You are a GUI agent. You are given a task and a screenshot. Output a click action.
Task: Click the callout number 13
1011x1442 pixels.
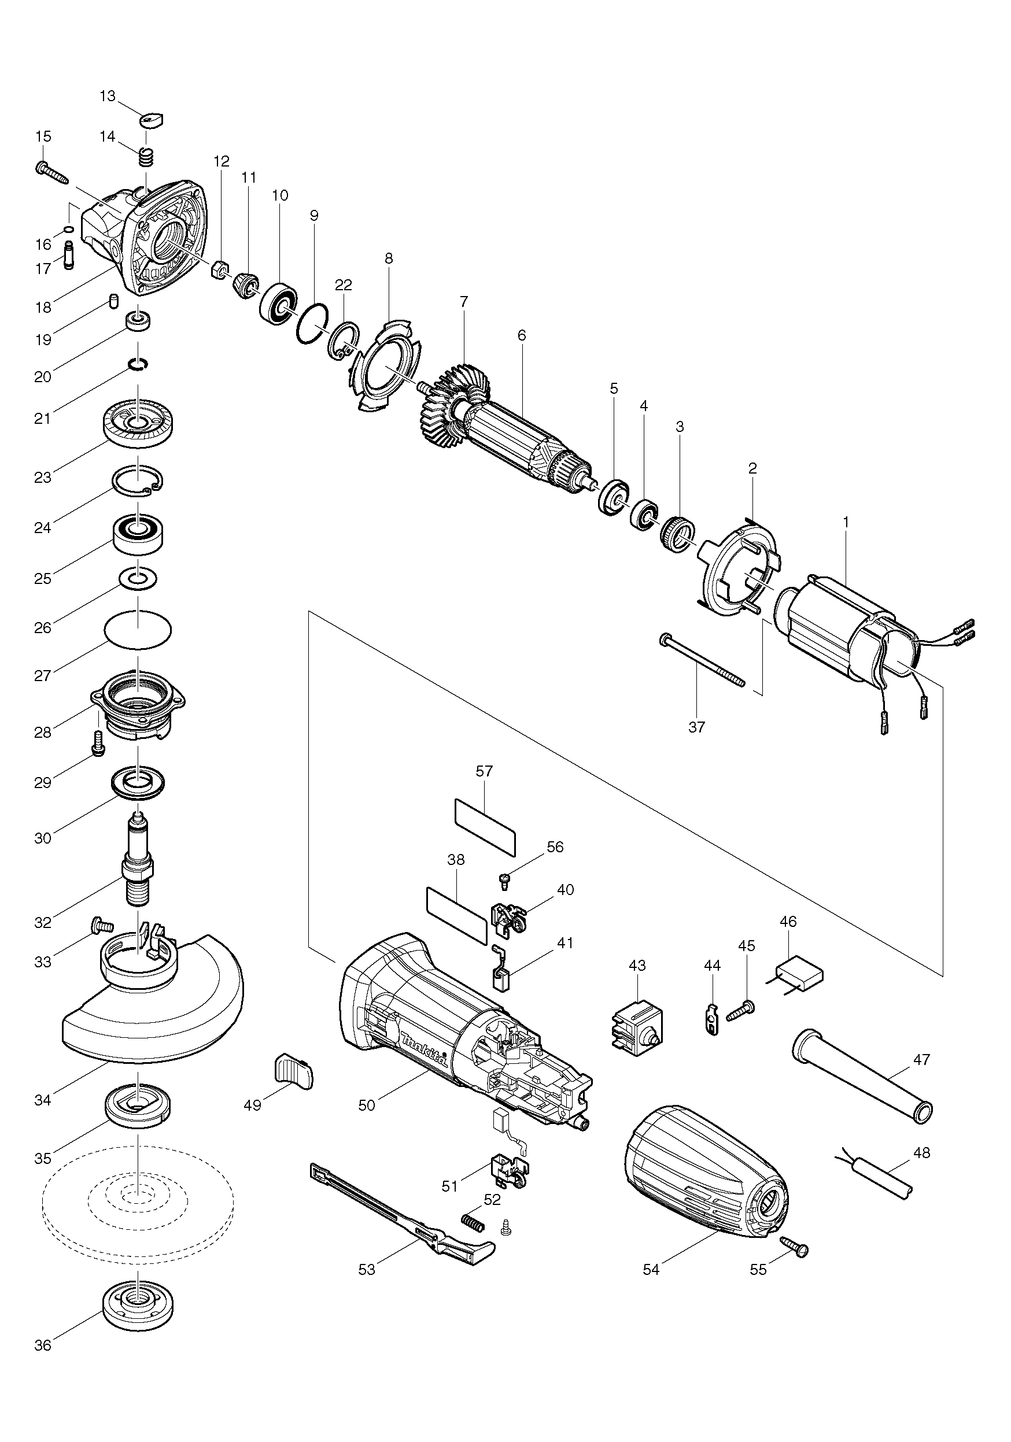tap(108, 96)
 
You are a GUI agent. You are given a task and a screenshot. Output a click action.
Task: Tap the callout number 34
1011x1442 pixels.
tap(43, 1100)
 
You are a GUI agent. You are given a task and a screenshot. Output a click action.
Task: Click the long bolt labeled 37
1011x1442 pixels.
tap(702, 661)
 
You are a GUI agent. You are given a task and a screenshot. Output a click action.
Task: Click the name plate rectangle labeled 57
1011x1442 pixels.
tap(485, 827)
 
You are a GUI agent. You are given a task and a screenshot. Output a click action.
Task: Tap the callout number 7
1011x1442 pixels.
tap(464, 301)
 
